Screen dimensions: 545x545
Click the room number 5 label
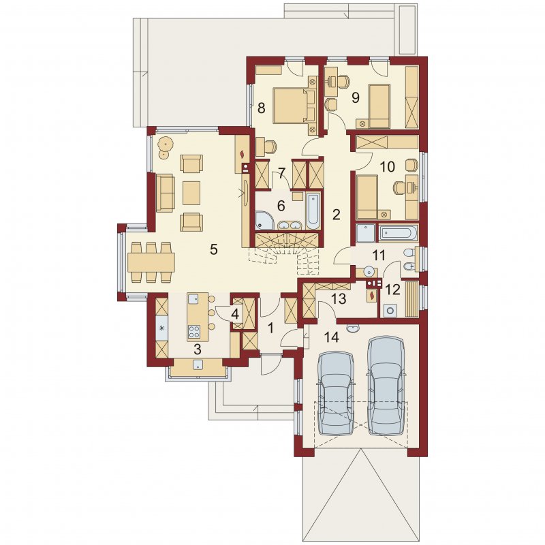(213, 249)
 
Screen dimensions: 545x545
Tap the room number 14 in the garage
(332, 337)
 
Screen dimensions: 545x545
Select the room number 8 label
(261, 108)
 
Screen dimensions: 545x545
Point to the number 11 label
(379, 255)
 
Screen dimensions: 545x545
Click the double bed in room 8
(294, 106)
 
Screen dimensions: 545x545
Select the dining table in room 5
(151, 262)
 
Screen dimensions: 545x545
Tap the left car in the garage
(336, 393)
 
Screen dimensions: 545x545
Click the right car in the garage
(386, 386)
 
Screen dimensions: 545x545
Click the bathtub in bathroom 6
(313, 211)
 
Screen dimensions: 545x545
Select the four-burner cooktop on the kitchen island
(193, 331)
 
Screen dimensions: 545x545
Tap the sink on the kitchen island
(193, 298)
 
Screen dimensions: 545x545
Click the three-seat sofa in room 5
(165, 193)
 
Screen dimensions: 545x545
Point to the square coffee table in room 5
(191, 193)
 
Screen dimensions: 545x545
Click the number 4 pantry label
(235, 315)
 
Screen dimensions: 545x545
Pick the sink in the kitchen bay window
(198, 364)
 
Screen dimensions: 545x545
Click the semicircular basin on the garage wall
(354, 328)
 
